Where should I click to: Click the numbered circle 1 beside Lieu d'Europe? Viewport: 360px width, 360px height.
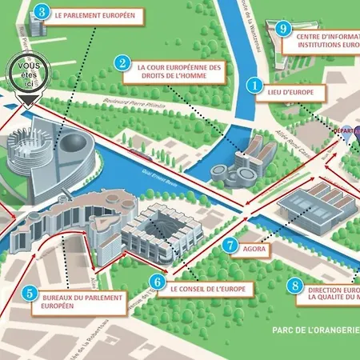click(x=255, y=84)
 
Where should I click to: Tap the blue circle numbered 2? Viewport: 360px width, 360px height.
click(x=122, y=62)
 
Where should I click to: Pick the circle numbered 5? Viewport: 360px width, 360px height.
click(x=30, y=294)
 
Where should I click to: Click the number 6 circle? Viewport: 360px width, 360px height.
click(x=158, y=282)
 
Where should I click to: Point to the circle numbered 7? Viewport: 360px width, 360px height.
click(x=230, y=246)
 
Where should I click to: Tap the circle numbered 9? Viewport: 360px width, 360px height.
click(x=282, y=29)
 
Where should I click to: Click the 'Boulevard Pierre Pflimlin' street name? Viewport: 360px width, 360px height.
click(x=136, y=102)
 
